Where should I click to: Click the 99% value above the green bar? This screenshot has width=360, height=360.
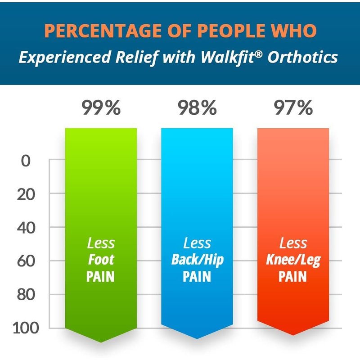101,108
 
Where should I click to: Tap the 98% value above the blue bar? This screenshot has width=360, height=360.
197,108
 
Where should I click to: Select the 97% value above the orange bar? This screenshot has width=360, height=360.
293,108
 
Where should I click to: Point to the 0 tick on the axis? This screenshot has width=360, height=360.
26,161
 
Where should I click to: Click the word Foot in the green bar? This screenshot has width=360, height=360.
101,260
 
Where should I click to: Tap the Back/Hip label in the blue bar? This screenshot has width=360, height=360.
197,260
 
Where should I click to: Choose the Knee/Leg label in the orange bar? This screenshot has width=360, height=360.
293,260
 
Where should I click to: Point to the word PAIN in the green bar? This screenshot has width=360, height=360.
101,276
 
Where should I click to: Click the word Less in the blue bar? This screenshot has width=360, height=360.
197,244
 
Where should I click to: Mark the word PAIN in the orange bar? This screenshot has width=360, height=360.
293,276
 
